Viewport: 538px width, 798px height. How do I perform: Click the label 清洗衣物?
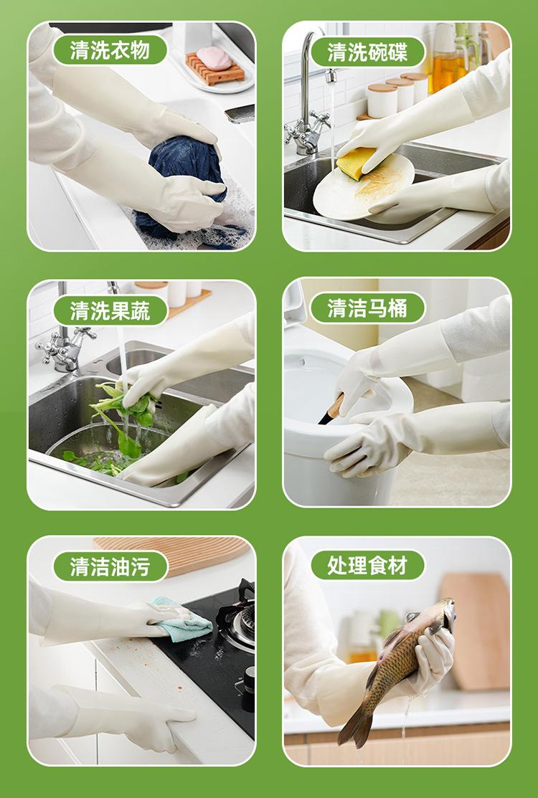[110, 50]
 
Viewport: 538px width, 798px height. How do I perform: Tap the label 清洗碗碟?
[367, 52]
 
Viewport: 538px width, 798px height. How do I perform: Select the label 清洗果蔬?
[110, 310]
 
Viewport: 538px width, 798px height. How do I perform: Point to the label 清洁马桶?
[367, 308]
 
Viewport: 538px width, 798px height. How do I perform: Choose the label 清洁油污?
[110, 566]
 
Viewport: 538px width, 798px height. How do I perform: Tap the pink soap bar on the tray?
[214, 59]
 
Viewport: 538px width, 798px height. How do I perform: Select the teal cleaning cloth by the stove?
[182, 618]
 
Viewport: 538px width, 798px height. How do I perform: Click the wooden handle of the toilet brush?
[336, 406]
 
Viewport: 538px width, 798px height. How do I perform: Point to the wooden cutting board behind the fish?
[476, 631]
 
